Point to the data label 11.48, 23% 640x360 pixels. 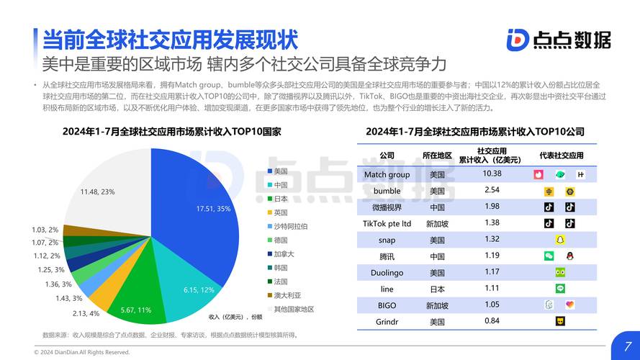(98, 192)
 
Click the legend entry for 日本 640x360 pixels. (281, 198)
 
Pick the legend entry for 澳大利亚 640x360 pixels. (286, 294)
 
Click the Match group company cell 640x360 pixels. (387, 174)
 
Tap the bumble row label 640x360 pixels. (387, 191)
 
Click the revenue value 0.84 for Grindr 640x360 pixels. (492, 321)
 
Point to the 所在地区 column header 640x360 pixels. (437, 156)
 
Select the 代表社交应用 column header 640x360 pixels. (562, 156)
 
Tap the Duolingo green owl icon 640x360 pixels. (559, 272)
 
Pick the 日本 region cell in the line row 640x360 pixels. (437, 289)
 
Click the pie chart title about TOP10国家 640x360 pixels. (162, 132)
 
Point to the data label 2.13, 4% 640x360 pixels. (86, 313)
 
